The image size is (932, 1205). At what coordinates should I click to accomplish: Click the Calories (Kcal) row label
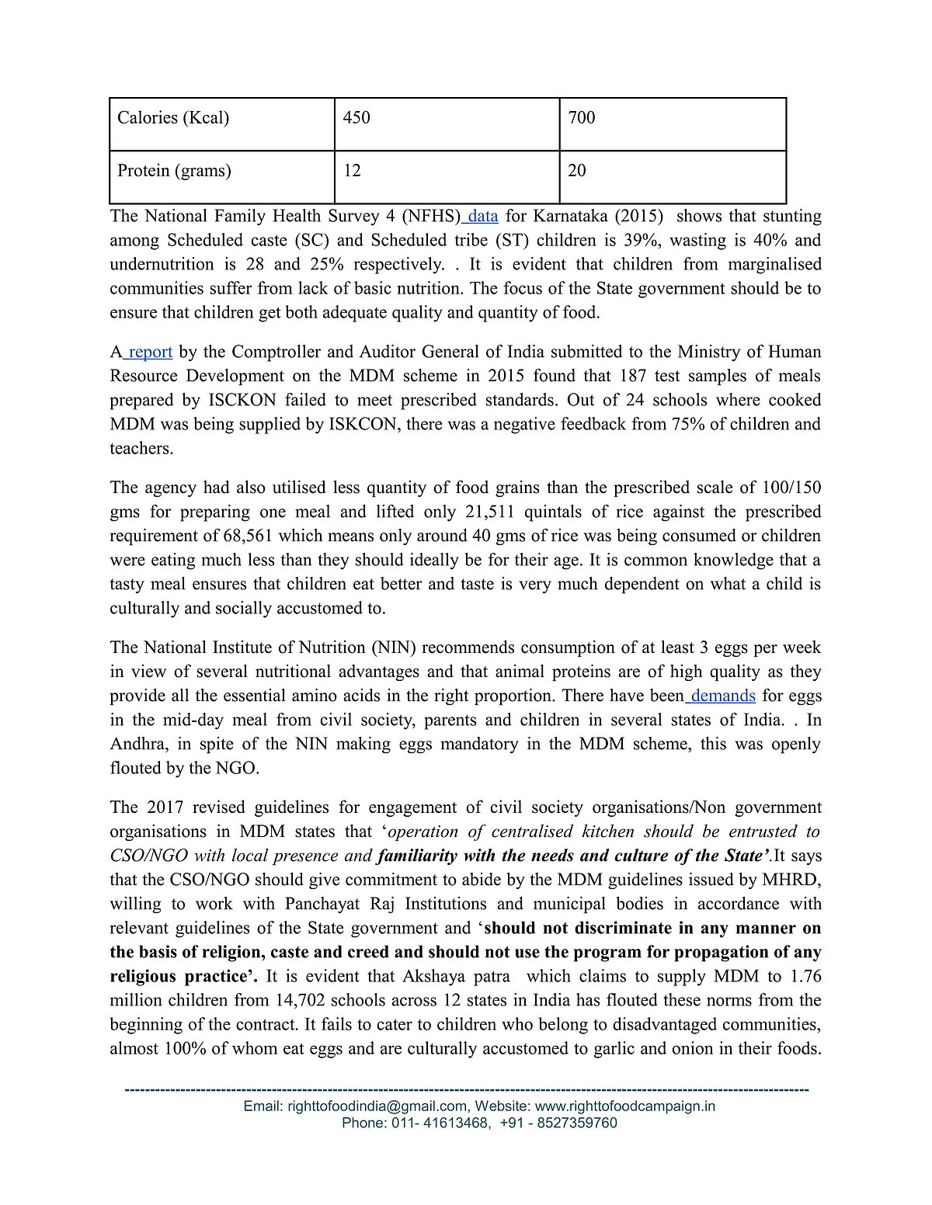click(173, 118)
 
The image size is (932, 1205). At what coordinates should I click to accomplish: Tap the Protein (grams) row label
click(174, 171)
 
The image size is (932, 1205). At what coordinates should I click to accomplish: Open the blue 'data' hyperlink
click(482, 216)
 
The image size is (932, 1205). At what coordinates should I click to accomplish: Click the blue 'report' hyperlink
click(150, 352)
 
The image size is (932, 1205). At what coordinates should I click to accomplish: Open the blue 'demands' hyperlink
click(722, 696)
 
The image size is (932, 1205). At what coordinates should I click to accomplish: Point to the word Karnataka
click(569, 216)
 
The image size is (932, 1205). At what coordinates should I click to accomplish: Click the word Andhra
click(137, 744)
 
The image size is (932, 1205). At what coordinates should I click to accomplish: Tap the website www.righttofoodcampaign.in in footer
click(625, 1106)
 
